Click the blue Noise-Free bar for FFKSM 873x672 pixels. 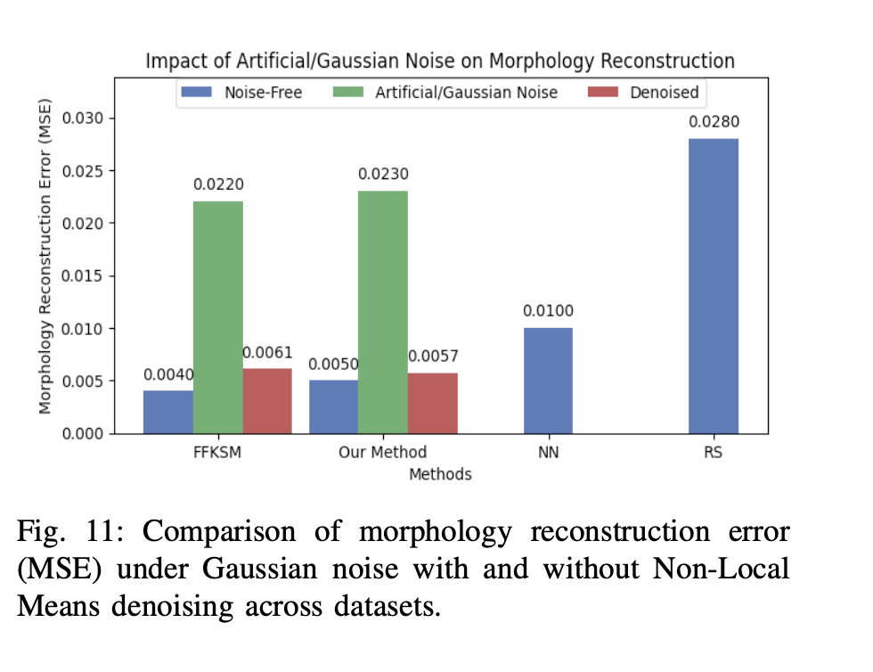pos(167,412)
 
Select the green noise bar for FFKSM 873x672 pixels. pos(217,317)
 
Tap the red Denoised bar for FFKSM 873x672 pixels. pos(267,401)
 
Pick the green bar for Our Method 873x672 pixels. pos(383,312)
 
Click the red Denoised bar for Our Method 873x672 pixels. pos(433,403)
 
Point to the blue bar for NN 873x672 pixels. pos(548,381)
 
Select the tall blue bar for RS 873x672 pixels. pos(713,286)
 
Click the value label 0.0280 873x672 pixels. pos(713,121)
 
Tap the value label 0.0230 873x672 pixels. pos(383,174)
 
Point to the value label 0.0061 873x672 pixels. pos(267,354)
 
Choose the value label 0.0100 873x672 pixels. pos(548,311)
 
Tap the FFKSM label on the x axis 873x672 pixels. pos(217,453)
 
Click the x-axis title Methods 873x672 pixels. pos(440,474)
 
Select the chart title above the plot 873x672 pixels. pos(440,61)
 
